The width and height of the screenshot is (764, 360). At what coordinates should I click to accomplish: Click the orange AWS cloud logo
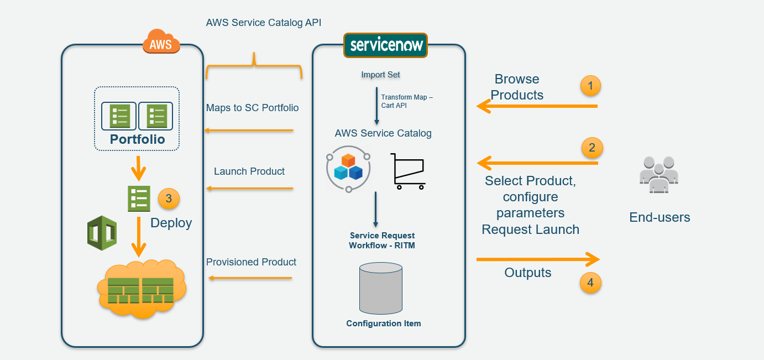click(x=161, y=41)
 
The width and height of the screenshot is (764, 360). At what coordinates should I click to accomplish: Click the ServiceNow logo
click(x=385, y=45)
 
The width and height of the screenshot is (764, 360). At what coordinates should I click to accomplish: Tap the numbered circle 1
click(x=590, y=86)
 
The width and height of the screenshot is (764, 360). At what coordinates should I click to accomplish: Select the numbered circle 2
click(x=592, y=148)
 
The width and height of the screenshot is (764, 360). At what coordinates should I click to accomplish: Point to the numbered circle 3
click(x=169, y=199)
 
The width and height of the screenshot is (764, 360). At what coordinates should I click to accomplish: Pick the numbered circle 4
click(x=590, y=283)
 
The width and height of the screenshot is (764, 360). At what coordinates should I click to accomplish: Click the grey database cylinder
click(x=380, y=288)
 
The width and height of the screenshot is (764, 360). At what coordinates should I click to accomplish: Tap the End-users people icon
click(x=659, y=174)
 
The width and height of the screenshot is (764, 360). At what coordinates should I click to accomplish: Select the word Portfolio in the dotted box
click(x=137, y=139)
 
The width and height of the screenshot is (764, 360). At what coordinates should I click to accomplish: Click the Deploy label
click(x=171, y=223)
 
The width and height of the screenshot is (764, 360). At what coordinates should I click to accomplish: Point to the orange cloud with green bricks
click(x=141, y=288)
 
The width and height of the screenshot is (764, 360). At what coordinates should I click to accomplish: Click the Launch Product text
click(x=249, y=171)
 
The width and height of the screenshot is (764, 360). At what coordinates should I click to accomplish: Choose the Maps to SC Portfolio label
click(x=252, y=108)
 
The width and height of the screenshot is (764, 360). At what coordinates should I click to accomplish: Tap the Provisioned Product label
click(x=251, y=262)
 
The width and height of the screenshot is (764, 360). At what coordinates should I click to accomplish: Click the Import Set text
click(x=380, y=75)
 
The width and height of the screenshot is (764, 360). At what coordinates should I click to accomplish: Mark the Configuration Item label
click(x=383, y=324)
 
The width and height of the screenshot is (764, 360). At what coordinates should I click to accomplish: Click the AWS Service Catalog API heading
click(x=263, y=23)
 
